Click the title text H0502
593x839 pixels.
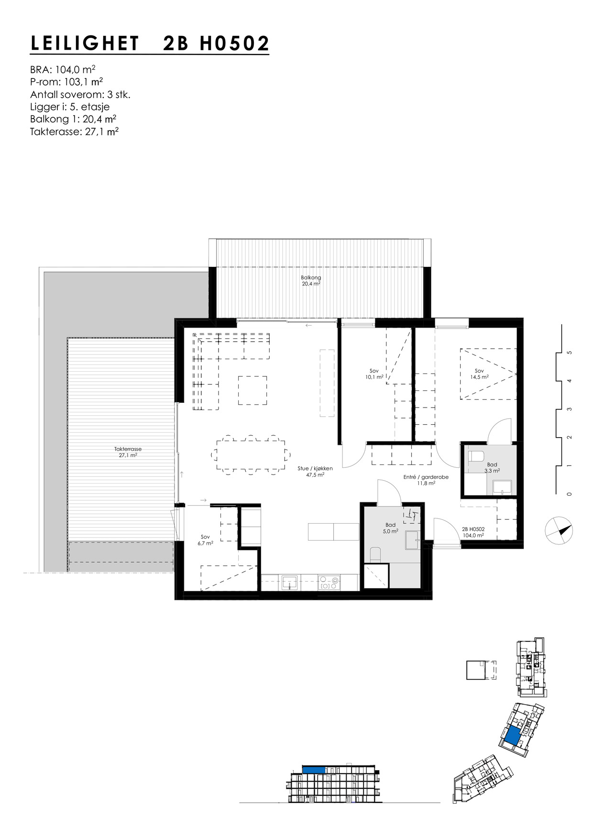(234, 44)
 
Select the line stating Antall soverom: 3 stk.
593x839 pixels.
(80, 95)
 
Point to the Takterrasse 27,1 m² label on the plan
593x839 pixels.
(128, 453)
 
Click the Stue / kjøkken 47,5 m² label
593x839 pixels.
(315, 472)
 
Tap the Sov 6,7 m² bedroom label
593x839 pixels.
(205, 540)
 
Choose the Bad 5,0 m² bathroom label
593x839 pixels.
(390, 528)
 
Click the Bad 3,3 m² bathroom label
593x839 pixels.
(492, 467)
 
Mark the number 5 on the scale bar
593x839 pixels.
(569, 353)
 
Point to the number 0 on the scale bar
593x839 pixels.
(569, 494)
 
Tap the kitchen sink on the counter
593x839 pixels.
(289, 582)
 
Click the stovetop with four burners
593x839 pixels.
(330, 583)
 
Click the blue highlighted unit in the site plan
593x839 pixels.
(512, 735)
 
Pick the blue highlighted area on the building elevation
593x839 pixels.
(314, 770)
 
